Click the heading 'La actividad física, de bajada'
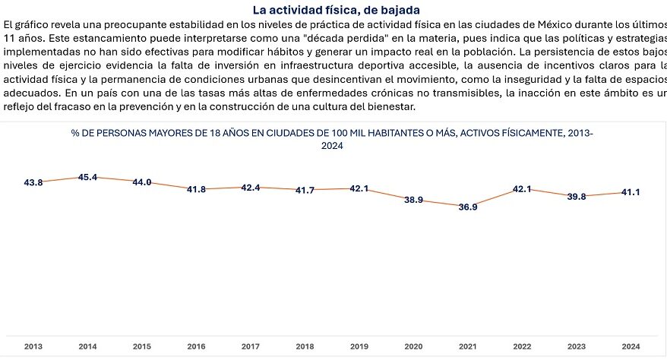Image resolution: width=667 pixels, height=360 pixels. (334, 10)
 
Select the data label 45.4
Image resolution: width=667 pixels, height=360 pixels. (88, 177)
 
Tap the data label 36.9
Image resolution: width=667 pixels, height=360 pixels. (466, 207)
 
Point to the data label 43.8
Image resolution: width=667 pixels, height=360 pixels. (33, 182)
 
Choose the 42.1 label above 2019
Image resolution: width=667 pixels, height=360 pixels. (359, 188)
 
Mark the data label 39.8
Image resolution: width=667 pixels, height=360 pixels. (577, 197)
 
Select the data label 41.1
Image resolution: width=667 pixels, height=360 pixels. (630, 192)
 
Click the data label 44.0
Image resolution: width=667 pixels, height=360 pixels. (142, 182)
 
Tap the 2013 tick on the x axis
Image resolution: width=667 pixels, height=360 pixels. (33, 346)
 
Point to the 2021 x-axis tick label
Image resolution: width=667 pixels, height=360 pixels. (467, 346)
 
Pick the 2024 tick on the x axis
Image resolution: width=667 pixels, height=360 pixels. (630, 346)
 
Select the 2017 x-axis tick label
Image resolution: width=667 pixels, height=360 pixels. (251, 346)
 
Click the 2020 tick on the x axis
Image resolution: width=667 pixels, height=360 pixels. (413, 346)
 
